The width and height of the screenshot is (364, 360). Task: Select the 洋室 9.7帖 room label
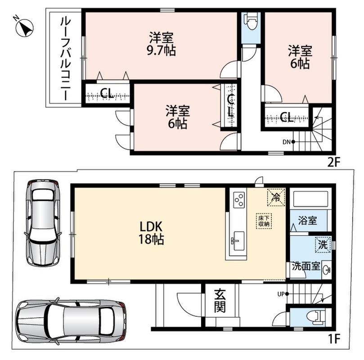click(x=162, y=44)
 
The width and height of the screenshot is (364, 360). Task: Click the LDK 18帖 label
click(x=151, y=233)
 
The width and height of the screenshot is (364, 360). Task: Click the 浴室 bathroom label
click(x=307, y=220)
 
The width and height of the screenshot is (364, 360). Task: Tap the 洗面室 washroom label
click(x=306, y=266)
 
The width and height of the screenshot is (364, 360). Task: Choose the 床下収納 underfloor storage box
click(x=264, y=221)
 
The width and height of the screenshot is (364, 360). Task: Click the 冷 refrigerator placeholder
click(x=276, y=198)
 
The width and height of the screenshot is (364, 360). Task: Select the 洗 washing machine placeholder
click(x=323, y=245)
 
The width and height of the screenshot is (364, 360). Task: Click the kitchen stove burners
click(x=239, y=199)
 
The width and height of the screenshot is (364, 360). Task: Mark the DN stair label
click(x=287, y=142)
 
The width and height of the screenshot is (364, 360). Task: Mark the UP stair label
click(x=281, y=294)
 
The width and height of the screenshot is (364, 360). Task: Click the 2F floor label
click(x=333, y=162)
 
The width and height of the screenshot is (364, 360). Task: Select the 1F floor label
click(x=334, y=338)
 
